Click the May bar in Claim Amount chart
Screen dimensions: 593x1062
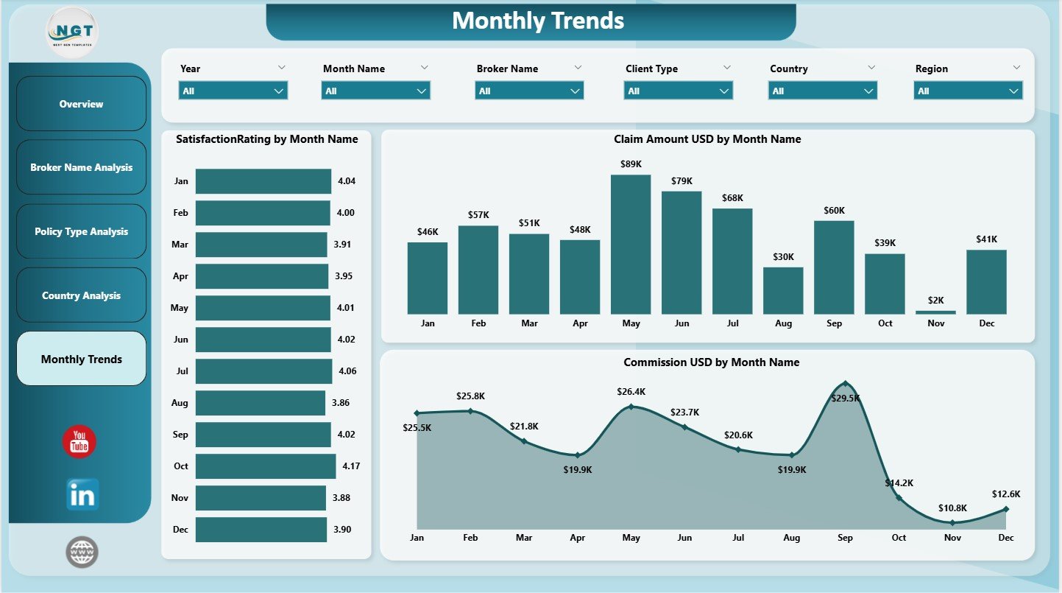(631, 245)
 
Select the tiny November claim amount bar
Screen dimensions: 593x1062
(935, 312)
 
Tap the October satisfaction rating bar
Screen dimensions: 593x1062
(266, 466)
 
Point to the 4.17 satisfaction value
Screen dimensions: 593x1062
(351, 466)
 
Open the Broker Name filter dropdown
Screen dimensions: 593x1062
(529, 91)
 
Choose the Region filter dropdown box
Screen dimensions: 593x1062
(968, 91)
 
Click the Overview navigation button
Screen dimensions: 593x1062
(82, 104)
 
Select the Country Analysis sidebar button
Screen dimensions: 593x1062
(82, 295)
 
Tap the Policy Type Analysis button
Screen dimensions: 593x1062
(82, 231)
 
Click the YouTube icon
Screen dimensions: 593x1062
(79, 442)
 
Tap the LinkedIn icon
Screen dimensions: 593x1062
(82, 495)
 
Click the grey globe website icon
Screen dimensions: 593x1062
(82, 552)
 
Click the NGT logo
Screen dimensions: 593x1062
(71, 33)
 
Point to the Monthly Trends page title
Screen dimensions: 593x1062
(538, 21)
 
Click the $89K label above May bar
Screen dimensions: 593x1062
(631, 164)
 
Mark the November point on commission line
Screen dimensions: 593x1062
(952, 522)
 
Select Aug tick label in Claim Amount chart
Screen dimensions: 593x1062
(783, 323)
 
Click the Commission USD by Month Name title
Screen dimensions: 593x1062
(711, 362)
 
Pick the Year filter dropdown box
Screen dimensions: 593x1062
(233, 91)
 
